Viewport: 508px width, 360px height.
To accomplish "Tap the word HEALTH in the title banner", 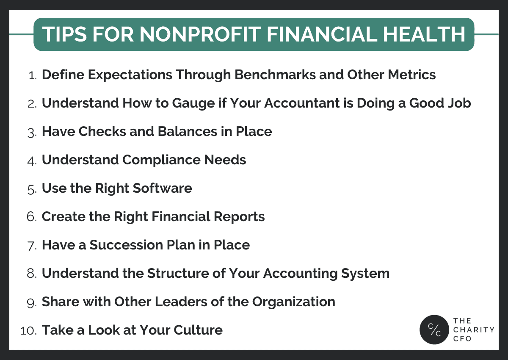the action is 424,34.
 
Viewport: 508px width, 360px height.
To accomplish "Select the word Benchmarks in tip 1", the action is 275,75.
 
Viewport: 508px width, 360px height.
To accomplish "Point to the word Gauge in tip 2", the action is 193,104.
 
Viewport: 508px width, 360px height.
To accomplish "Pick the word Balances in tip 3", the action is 188,131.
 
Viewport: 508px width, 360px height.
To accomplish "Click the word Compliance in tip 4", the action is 161,160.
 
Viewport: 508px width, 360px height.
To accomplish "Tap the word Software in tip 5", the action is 162,188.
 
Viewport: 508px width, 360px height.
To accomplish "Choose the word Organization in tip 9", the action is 294,302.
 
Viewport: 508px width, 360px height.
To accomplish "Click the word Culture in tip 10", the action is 198,330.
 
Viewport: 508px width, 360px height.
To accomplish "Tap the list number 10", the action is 28,331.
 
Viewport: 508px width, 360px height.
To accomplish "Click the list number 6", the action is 31,216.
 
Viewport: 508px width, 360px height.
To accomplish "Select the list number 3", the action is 32,133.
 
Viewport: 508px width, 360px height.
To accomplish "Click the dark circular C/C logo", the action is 434,330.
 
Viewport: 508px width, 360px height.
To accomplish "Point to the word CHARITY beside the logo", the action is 474,330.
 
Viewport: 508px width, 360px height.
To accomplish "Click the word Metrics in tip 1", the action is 411,75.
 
